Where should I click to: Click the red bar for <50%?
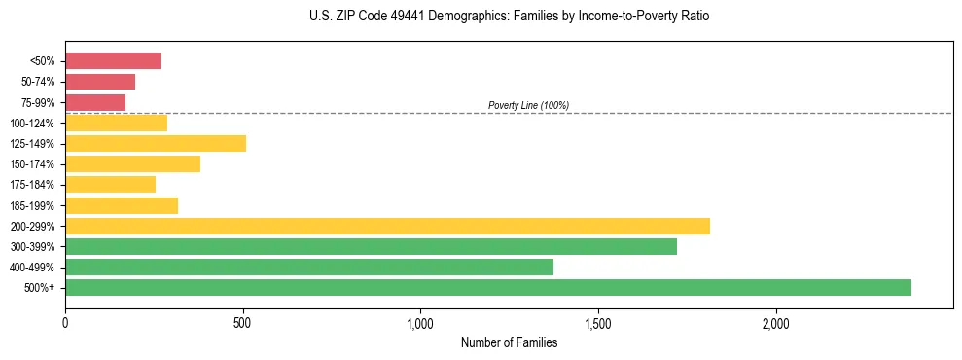113,61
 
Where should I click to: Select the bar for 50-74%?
100,82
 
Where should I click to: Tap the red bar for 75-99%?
95,102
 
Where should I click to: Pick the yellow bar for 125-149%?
156,143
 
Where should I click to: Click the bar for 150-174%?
132,163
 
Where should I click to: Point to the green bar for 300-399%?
371,246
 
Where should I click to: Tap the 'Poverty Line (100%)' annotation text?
528,105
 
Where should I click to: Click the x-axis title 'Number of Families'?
509,342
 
